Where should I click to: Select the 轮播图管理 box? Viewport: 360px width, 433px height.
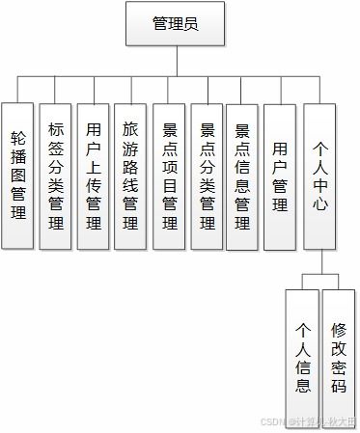18,176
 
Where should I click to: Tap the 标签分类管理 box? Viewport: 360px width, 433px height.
56,176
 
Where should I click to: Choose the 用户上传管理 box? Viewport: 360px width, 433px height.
94,176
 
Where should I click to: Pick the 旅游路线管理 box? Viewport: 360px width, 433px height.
131,176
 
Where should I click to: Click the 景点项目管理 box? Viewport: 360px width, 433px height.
170,176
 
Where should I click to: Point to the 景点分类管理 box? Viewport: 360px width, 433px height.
208,176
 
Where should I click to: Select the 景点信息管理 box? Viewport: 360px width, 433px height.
244,176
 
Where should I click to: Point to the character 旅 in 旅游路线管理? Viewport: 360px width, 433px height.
131,128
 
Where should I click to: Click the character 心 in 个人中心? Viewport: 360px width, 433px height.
322,205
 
